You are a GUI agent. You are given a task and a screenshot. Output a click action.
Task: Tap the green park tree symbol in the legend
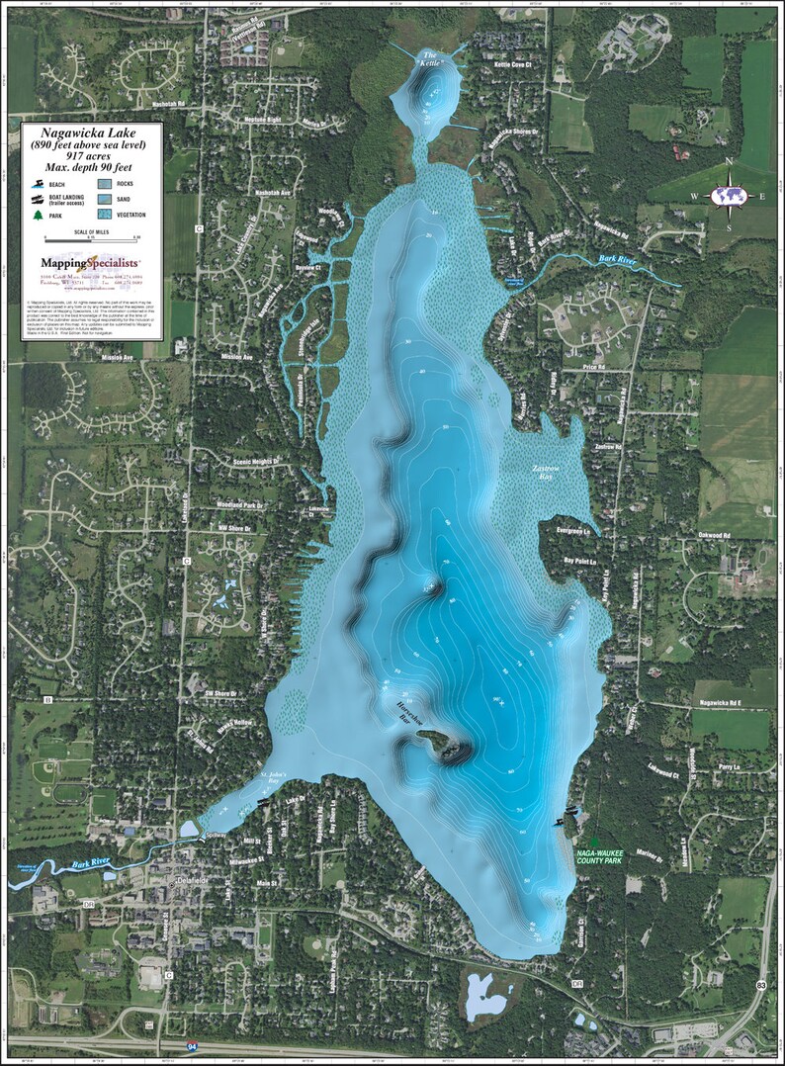(x=38, y=214)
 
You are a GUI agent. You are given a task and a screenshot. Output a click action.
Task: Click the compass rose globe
(x=730, y=195)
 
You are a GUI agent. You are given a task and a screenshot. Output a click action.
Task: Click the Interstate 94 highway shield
(x=192, y=1045)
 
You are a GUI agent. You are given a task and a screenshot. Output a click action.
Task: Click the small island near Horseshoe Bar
(x=435, y=741)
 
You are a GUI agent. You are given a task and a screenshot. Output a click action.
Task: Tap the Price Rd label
(x=596, y=369)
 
